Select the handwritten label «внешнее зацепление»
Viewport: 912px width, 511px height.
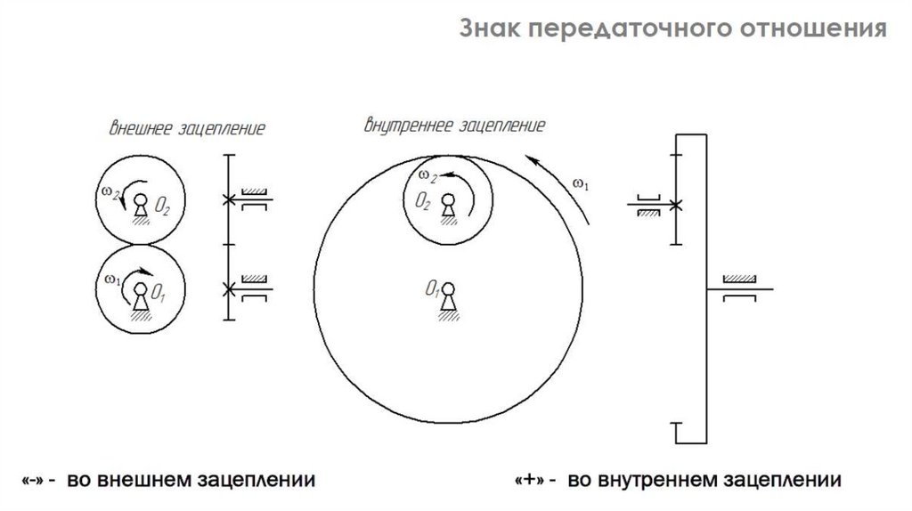coord(186,127)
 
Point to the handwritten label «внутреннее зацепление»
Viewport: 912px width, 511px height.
coord(454,124)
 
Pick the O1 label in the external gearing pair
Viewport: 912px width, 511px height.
coord(159,290)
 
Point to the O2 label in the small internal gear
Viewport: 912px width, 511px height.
coord(422,202)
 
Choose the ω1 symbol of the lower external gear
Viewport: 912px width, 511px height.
coord(111,279)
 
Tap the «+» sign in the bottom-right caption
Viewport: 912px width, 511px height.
coord(530,482)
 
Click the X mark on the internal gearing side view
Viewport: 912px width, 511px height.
coord(678,205)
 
